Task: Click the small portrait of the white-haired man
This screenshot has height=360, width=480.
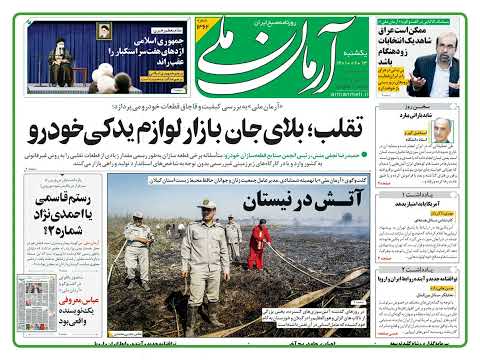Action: point(441,130)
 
